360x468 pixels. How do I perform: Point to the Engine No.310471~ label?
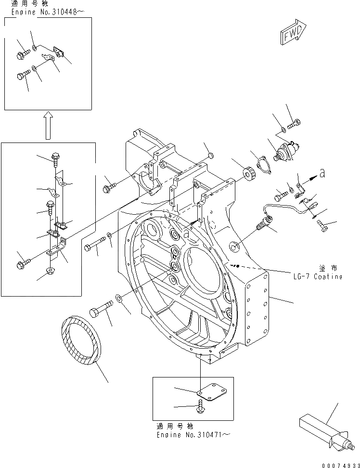pyautogui.click(x=193, y=434)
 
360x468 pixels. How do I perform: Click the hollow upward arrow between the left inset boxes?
pyautogui.click(x=46, y=125)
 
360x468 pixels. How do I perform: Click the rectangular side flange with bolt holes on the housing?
pyautogui.click(x=257, y=308)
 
